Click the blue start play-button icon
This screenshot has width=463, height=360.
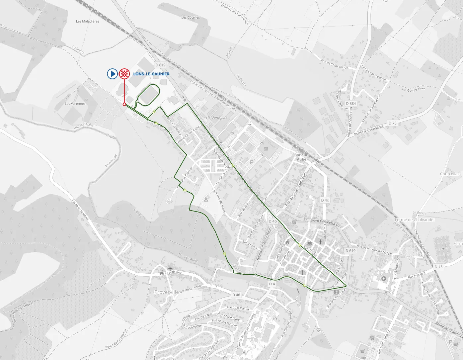pos(112,74)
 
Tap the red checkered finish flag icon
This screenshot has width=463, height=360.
pos(124,74)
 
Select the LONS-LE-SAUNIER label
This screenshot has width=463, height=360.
pos(151,74)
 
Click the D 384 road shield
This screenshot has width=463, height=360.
pos(350,103)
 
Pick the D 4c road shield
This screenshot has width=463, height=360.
pos(325,200)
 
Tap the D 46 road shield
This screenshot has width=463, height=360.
pos(236,295)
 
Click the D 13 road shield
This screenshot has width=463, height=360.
pos(438,267)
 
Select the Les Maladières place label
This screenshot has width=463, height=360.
pos(88,21)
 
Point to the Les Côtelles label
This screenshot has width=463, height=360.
pos(191,17)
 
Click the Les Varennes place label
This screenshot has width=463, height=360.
pos(75,104)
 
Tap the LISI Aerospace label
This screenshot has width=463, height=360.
pos(217,118)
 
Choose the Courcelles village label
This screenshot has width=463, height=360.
pos(450,174)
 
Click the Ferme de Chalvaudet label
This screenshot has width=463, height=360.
pos(415,220)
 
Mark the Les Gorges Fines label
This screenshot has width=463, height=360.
pos(413,89)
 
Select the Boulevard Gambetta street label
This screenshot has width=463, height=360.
pos(319,220)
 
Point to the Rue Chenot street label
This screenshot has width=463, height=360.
pos(250,245)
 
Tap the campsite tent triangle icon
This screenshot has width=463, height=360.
pos(206,200)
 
